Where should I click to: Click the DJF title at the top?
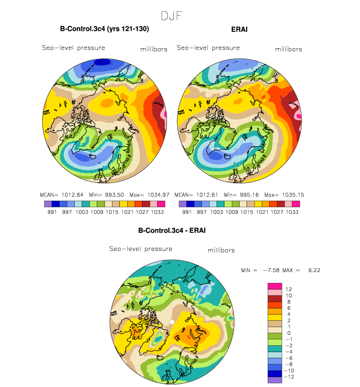[171, 16]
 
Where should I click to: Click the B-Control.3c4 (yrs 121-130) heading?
[105, 29]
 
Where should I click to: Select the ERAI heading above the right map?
[239, 29]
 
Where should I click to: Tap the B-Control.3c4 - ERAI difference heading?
[172, 230]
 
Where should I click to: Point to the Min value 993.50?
[114, 195]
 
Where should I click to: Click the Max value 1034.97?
[159, 195]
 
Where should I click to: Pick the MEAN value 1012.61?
[207, 195]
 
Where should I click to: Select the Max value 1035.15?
[293, 195]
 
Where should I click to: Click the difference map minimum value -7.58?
[271, 270]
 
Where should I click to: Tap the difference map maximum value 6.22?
[314, 270]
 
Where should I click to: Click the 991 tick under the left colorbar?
[52, 212]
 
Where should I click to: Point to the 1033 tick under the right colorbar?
[292, 212]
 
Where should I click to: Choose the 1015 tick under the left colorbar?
[112, 212]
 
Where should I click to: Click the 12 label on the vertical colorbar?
[289, 289]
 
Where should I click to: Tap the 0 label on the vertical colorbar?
[289, 333]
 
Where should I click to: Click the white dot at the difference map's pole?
[172, 322]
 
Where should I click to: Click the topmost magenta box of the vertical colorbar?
[275, 286]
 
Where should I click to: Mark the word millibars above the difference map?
[221, 250]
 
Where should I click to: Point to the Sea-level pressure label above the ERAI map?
[208, 48]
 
